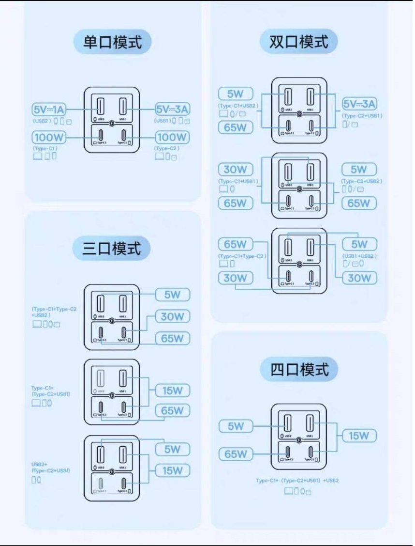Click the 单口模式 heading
[113, 42]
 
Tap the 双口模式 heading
[299, 42]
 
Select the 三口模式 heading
[112, 249]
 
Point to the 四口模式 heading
[299, 370]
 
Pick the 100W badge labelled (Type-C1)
[49, 138]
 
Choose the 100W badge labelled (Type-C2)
[172, 138]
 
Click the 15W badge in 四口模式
[359, 436]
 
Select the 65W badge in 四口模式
[236, 454]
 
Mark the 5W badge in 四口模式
[236, 426]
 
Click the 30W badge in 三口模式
[173, 317]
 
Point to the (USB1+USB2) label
[359, 255]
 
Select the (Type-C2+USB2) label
[362, 181]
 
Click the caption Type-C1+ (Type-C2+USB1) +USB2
[297, 481]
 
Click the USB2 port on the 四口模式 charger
[287, 423]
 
